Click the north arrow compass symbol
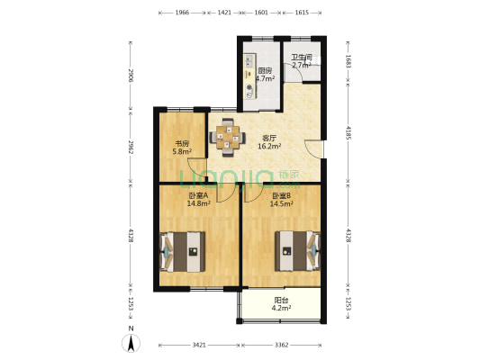131,343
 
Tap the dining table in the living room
227,138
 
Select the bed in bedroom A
183,252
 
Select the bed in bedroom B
297,251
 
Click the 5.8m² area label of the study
182,151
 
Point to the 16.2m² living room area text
269,146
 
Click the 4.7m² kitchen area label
265,78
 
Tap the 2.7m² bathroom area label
302,65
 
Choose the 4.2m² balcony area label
281,308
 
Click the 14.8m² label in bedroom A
199,203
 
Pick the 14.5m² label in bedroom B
282,203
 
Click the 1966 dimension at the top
182,13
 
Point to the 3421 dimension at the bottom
199,345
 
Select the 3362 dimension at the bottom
281,345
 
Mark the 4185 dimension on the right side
349,132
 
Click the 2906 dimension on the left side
131,76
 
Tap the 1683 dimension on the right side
349,61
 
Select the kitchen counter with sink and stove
250,76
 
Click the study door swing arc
196,169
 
